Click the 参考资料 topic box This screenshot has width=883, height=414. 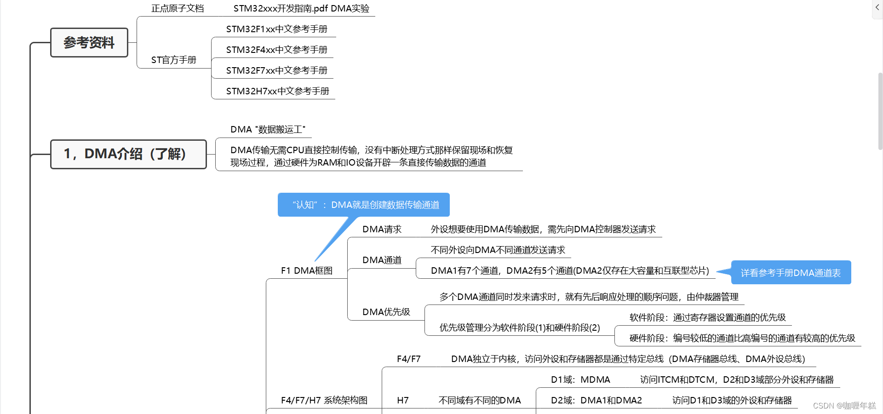tap(89, 43)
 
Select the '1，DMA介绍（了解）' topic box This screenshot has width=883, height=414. tap(128, 154)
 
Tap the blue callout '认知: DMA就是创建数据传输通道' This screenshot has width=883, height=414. tap(363, 205)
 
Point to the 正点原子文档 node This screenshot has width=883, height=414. tap(178, 8)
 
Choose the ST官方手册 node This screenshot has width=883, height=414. tap(173, 60)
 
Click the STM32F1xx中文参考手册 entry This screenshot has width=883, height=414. tap(276, 29)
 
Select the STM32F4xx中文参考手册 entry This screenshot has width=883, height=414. tap(276, 50)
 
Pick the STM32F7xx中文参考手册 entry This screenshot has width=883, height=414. tap(276, 70)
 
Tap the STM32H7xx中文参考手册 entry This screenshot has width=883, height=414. tap(277, 91)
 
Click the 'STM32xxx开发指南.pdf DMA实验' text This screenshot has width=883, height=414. tap(301, 8)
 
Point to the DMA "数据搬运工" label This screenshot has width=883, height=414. tap(268, 129)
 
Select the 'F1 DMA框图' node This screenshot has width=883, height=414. tap(306, 270)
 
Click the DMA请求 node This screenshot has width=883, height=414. tap(382, 229)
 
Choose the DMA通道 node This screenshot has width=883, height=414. tap(382, 260)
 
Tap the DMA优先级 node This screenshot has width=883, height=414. tap(386, 312)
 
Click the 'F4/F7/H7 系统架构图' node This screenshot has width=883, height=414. tap(324, 400)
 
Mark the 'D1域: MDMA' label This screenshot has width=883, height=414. tap(580, 379)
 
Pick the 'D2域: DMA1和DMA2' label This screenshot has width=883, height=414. tap(596, 400)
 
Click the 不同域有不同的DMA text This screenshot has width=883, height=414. tap(480, 400)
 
